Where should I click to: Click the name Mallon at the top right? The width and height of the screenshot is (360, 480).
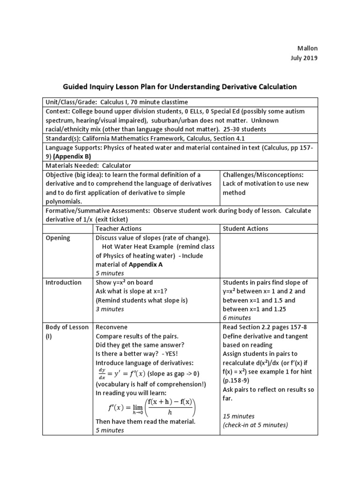[x=307, y=49]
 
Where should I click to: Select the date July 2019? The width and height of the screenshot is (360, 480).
[x=304, y=59]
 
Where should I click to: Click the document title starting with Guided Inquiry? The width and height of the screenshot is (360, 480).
[x=180, y=86]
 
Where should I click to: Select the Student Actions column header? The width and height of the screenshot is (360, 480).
[x=246, y=228]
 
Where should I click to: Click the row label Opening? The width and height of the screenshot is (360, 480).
[x=58, y=238]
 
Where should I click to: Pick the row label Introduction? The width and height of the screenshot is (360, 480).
[x=63, y=282]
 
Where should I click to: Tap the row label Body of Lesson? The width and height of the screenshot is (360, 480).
[x=67, y=327]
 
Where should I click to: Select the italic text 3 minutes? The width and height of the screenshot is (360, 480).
[x=110, y=309]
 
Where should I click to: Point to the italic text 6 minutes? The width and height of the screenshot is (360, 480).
[x=237, y=318]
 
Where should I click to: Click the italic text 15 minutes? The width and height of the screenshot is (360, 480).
[x=239, y=416]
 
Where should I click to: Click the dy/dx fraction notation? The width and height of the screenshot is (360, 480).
[x=102, y=374]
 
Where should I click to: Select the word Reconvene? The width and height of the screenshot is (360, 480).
[x=112, y=327]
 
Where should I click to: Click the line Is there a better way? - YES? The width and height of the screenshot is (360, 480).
[x=133, y=354]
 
